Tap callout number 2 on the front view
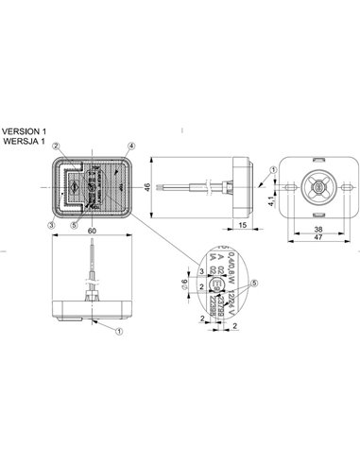57,146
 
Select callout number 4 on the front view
132,146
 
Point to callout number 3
51,198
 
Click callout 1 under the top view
119,332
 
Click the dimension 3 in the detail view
201,271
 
